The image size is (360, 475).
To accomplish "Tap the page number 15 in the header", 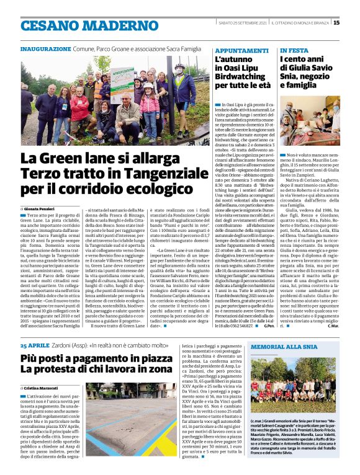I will coord(354,23).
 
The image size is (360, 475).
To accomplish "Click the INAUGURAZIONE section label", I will coord(45,48).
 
